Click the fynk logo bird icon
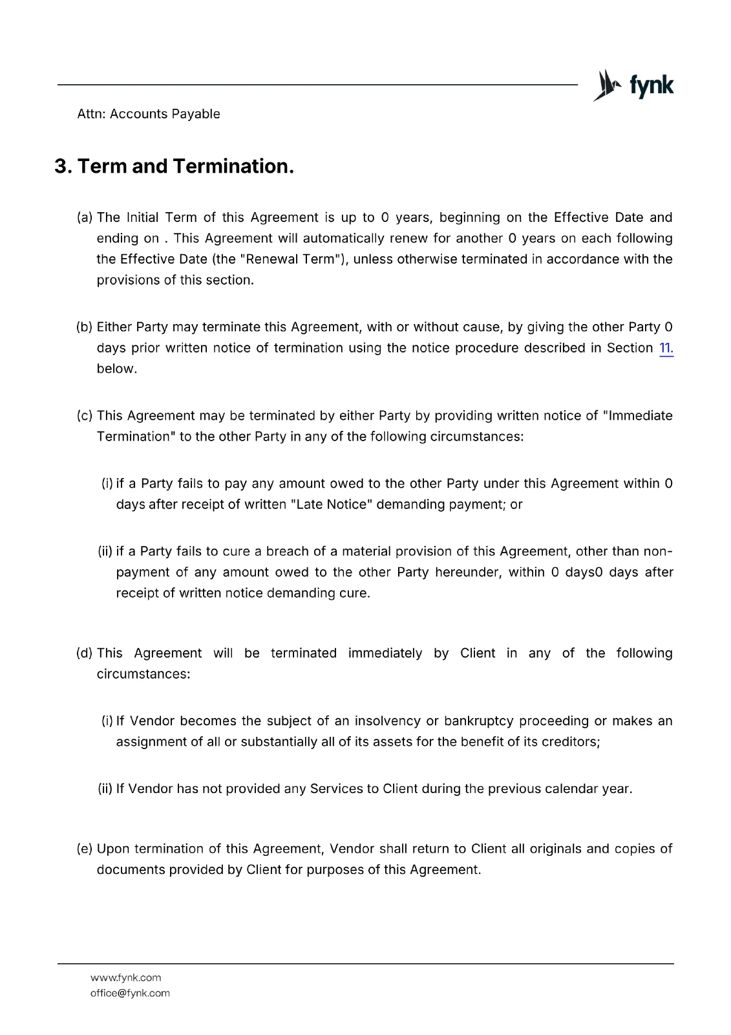click(x=606, y=85)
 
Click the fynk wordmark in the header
click(x=651, y=85)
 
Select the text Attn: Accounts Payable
click(x=149, y=114)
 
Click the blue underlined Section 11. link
click(x=666, y=348)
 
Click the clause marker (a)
click(x=85, y=218)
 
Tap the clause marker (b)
click(x=85, y=327)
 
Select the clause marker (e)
click(x=85, y=849)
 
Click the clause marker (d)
click(x=85, y=653)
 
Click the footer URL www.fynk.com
click(x=126, y=978)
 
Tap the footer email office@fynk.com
click(x=130, y=994)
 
